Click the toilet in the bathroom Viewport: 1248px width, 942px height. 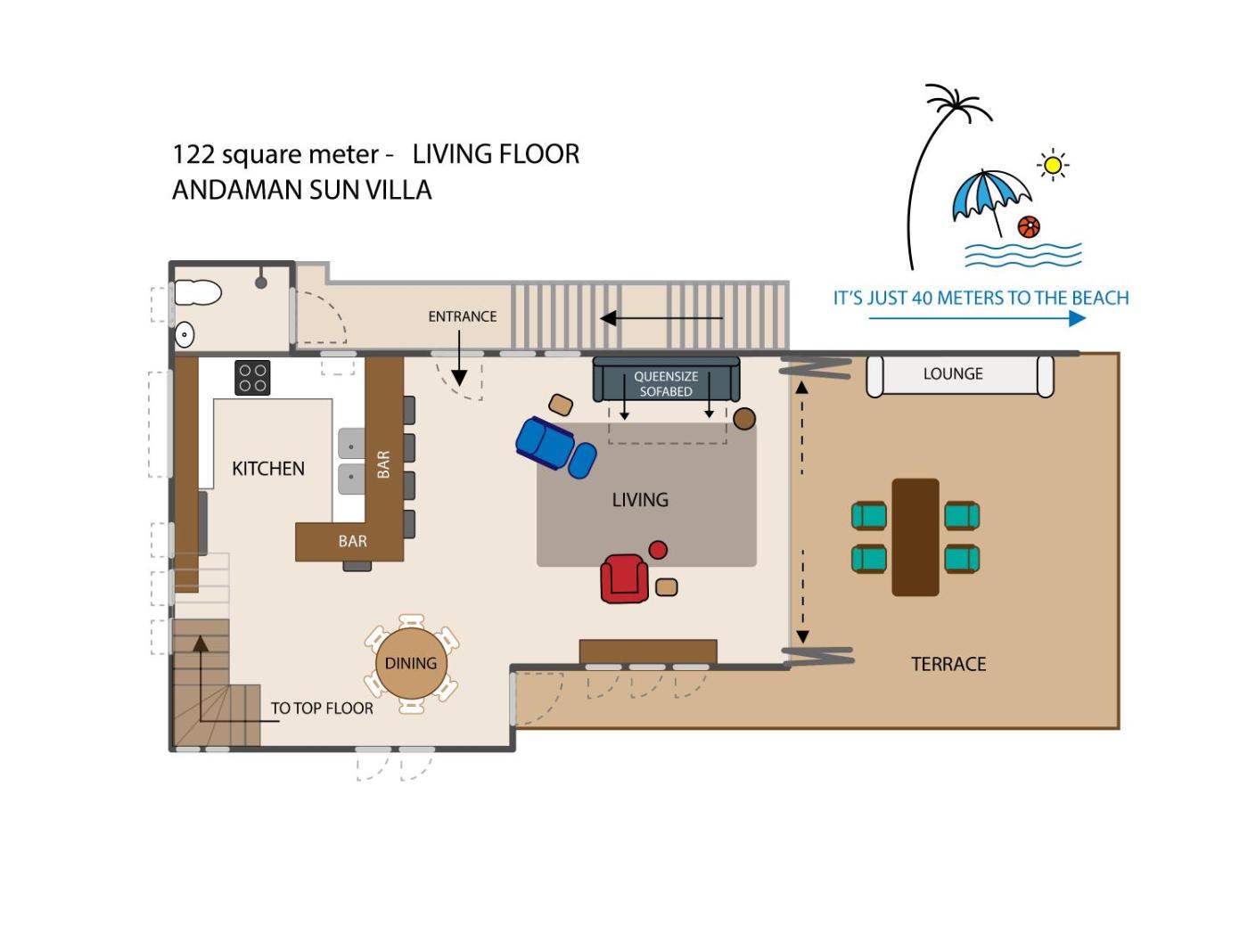pos(197,293)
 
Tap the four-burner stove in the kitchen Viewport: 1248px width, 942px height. pos(252,378)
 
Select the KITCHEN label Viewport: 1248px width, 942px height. pos(267,469)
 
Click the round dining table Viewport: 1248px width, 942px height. pos(411,664)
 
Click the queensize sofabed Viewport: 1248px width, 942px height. pos(666,379)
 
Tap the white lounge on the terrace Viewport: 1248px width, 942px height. pos(960,375)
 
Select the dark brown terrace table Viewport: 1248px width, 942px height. pos(915,537)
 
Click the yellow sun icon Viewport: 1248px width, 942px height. pos(1053,166)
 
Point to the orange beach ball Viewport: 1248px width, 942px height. pos(1029,226)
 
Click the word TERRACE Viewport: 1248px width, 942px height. pos(948,664)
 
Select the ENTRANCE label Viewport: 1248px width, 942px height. pos(463,316)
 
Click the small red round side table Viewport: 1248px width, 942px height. pos(658,550)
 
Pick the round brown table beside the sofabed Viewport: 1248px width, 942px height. pos(744,419)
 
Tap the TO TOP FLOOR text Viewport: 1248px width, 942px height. pos(322,709)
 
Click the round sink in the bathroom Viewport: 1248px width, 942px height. pos(185,334)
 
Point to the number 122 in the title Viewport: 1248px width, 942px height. pos(193,154)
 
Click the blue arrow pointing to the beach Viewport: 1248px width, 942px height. pos(977,318)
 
